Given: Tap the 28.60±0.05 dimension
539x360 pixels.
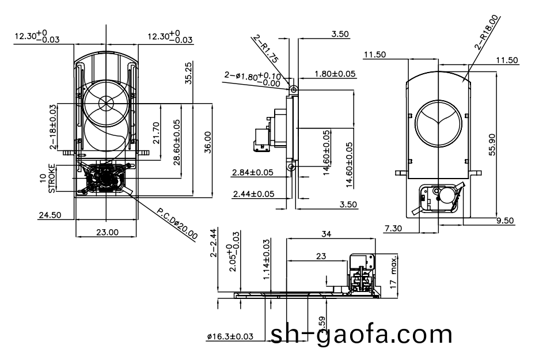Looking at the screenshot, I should pos(176,141).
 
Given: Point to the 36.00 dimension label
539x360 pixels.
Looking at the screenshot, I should pos(207,142).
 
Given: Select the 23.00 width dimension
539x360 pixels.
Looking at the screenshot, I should pos(107,233).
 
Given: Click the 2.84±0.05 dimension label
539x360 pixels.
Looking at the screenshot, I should pos(252,172).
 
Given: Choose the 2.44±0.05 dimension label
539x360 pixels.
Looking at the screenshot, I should pos(253,194).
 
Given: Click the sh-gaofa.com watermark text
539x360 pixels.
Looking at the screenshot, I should pos(361,335).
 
